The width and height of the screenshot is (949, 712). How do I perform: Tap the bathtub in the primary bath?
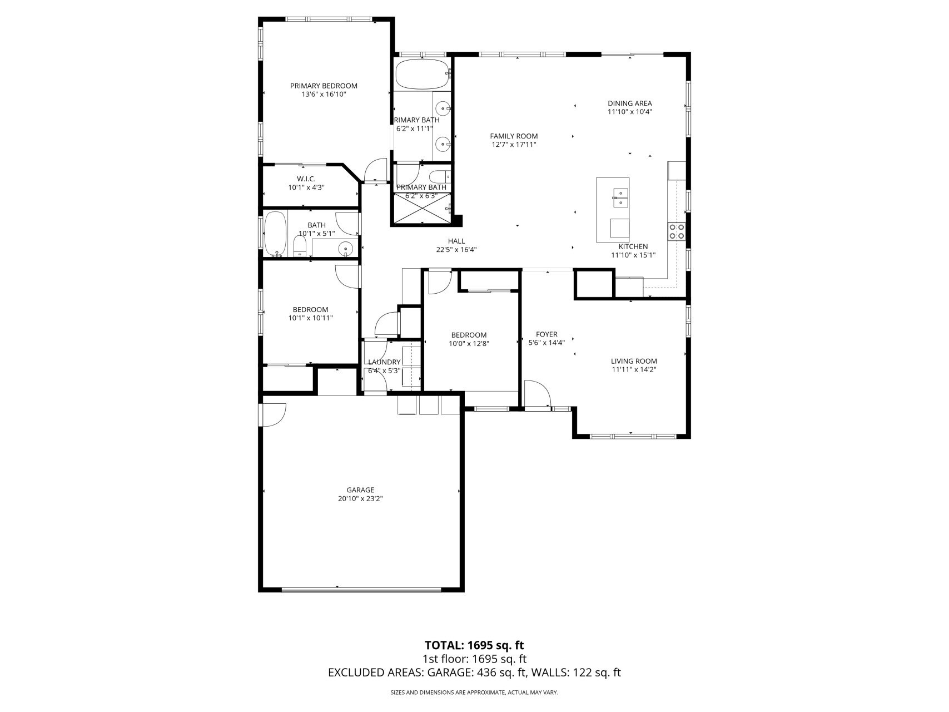[422, 75]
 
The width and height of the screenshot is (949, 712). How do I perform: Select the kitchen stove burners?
[677, 231]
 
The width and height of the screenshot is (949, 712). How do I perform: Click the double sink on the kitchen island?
[620, 197]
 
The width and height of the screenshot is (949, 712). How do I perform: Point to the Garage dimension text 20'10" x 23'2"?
[360, 499]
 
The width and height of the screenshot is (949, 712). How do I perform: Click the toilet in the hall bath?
[300, 245]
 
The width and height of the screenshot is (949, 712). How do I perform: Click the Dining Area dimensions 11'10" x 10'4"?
[629, 111]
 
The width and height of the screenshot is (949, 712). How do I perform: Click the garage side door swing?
[273, 414]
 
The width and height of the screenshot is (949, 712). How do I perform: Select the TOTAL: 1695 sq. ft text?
[474, 645]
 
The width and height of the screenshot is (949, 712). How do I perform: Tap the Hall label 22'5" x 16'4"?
[456, 245]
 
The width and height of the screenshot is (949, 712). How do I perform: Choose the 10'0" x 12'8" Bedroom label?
[469, 339]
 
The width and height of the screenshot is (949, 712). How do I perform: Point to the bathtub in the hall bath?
[275, 233]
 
